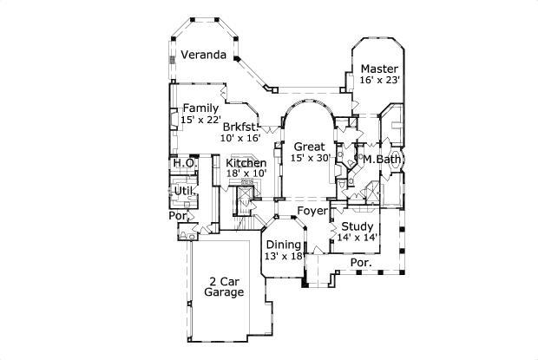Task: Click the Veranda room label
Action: click(x=204, y=56)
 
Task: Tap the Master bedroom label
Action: click(x=379, y=69)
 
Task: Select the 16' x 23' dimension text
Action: click(x=379, y=80)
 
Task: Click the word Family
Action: click(x=200, y=108)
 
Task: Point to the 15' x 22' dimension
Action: click(x=200, y=120)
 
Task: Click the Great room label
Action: click(x=309, y=147)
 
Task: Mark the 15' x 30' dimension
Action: click(x=309, y=158)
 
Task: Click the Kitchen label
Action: click(x=246, y=163)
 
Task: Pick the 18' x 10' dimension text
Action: click(x=246, y=173)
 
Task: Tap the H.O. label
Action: click(x=183, y=163)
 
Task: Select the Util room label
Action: click(x=183, y=190)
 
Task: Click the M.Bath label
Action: click(x=381, y=159)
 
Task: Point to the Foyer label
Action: click(x=312, y=211)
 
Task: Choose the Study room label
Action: click(x=357, y=226)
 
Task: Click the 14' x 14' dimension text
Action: click(x=357, y=237)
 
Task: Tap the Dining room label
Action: click(x=283, y=245)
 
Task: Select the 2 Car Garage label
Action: click(x=225, y=286)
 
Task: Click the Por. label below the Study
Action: click(x=360, y=261)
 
